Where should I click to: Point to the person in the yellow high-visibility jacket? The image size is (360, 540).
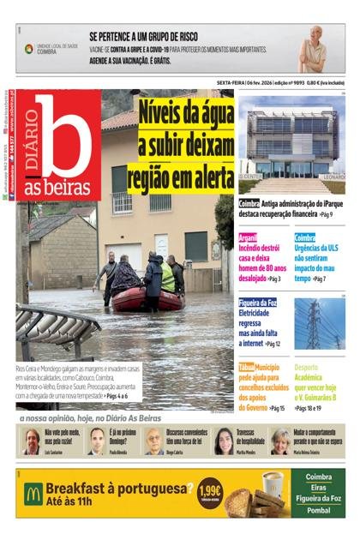pyautogui.click(x=167, y=276)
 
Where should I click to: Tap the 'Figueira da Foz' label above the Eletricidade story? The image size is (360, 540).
pyautogui.click(x=258, y=303)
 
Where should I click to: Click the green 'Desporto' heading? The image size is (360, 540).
pyautogui.click(x=309, y=367)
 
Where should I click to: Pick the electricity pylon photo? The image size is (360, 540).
pyautogui.click(x=320, y=323)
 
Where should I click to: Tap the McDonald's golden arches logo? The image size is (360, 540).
pyautogui.click(x=33, y=492)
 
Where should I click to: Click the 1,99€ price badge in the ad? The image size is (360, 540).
pyautogui.click(x=207, y=492)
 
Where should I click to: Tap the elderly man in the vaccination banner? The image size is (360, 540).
pyautogui.click(x=315, y=49)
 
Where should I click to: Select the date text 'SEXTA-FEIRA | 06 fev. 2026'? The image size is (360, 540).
pyautogui.click(x=249, y=83)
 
